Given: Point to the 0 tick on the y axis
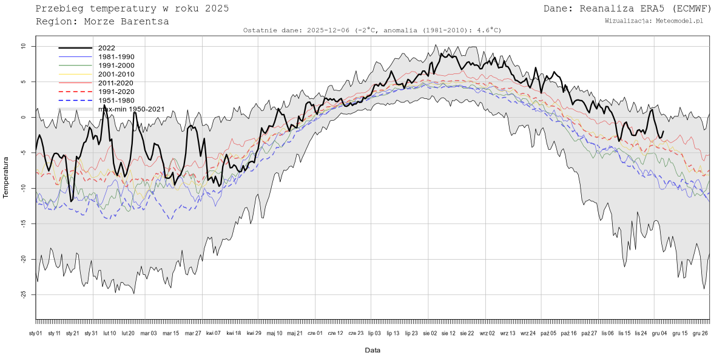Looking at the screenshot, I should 24,117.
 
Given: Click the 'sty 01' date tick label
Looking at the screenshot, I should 36,333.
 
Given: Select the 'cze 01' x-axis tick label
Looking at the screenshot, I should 315,333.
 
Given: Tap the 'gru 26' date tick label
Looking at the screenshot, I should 700,333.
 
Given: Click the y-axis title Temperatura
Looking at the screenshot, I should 6,177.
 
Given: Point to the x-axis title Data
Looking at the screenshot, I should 372,351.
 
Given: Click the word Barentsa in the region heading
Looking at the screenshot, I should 142,22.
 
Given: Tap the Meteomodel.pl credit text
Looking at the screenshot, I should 681,21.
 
